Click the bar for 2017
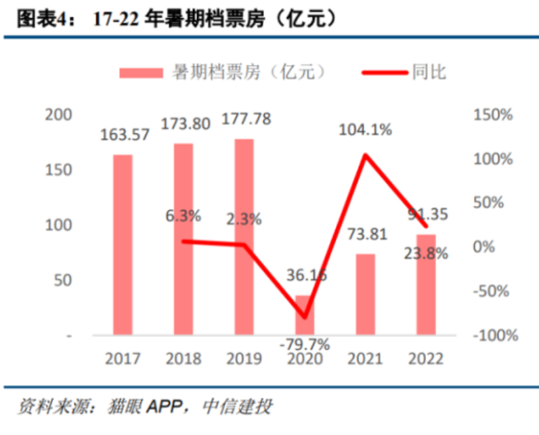click(123, 244)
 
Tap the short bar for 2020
click(305, 315)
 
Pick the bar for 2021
click(366, 294)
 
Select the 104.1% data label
click(366, 130)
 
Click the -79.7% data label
click(305, 344)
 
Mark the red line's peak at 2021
click(366, 155)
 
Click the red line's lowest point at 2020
click(305, 317)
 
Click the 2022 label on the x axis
click(426, 358)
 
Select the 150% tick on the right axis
click(492, 114)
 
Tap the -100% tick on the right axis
click(492, 336)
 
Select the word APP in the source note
click(163, 407)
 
